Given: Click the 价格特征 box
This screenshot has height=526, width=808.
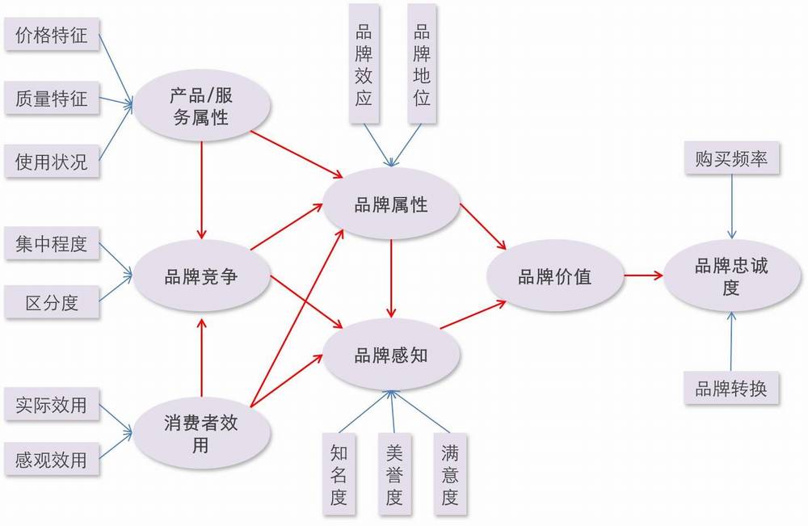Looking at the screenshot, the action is tap(52, 35).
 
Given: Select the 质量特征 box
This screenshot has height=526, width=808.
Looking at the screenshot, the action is tap(52, 98).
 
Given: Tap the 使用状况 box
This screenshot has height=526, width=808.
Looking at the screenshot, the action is tap(52, 162).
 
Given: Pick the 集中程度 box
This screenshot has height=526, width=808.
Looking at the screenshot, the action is tap(52, 243).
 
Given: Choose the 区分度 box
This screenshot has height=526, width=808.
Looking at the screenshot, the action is tap(52, 302).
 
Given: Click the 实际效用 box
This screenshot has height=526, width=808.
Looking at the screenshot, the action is tap(52, 405).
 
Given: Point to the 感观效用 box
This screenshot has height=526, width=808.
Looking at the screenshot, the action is tap(52, 458).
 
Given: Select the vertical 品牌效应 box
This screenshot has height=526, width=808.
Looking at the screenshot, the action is tap(364, 64).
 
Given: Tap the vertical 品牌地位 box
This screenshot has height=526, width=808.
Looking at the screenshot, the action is tap(422, 64).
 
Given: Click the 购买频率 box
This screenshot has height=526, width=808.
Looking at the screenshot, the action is tap(731, 158).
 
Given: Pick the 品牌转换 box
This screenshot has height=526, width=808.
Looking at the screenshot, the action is tap(731, 388).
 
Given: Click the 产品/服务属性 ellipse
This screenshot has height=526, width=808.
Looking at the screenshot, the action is tap(201, 107).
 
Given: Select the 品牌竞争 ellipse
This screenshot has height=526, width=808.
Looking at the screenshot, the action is tap(201, 277).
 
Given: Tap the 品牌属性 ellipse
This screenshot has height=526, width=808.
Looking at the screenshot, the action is tap(391, 204).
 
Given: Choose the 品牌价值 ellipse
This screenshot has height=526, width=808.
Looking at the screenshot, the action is tap(556, 276).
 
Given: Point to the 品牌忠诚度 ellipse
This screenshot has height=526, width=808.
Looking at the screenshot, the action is tap(732, 276).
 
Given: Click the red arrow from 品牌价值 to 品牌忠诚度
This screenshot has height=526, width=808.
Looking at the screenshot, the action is tap(644, 276).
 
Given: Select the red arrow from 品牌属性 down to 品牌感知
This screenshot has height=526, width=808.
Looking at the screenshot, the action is tap(392, 279).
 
